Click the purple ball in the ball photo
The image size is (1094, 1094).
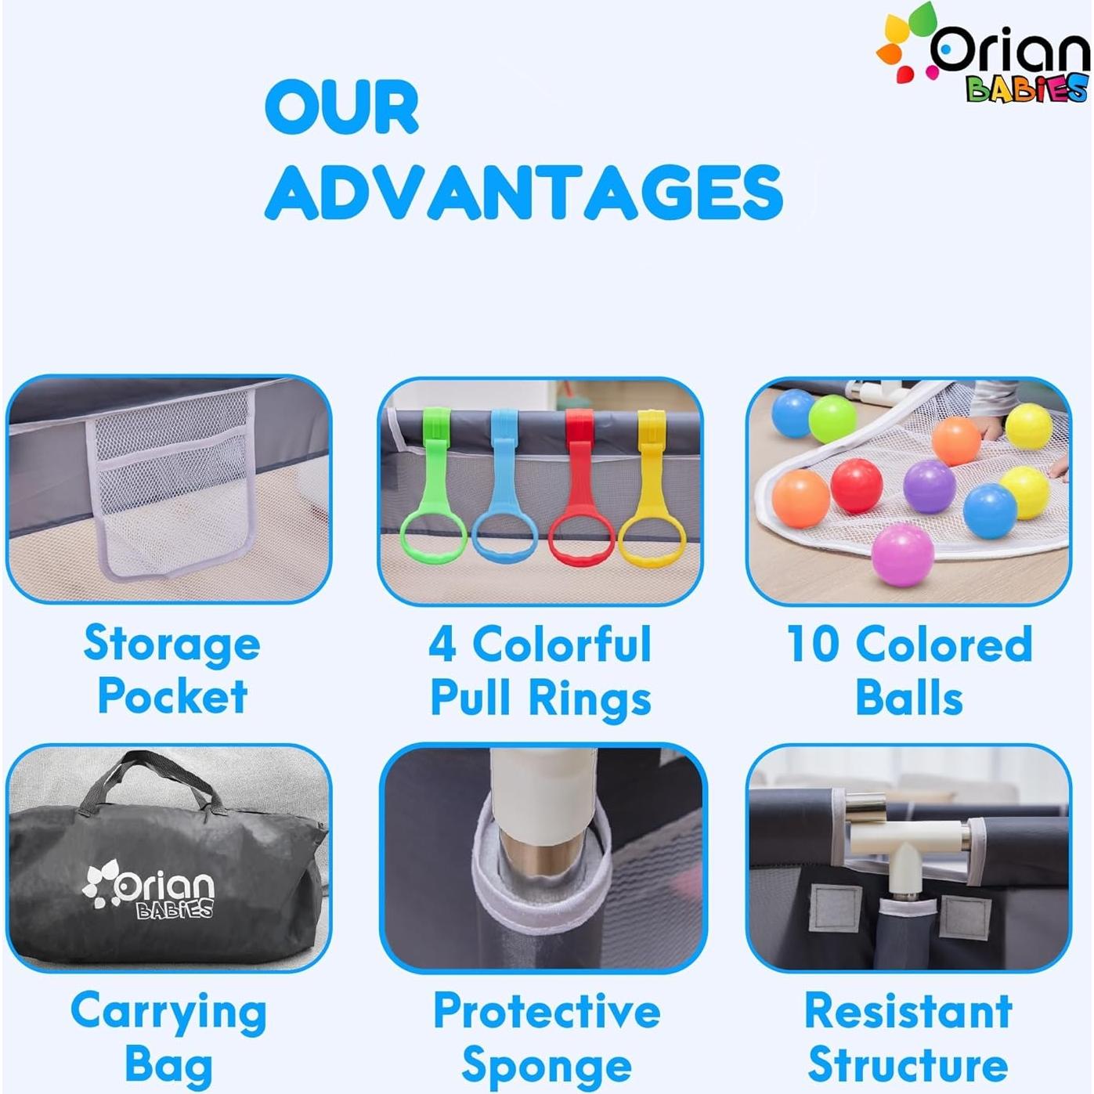[x=930, y=486]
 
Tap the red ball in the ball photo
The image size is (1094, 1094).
[x=857, y=486]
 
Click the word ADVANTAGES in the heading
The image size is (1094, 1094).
[x=523, y=192]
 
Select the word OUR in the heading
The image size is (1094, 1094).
[x=341, y=107]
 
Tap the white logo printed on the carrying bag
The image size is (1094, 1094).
[x=149, y=890]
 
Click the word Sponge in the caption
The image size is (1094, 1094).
[x=547, y=1067]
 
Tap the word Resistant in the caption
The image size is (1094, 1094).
[x=908, y=1011]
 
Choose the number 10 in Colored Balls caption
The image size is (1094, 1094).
[x=814, y=644]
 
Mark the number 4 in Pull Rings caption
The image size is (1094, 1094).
[x=442, y=644]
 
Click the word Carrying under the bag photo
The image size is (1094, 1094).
[x=169, y=1013]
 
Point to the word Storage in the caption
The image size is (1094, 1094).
[x=172, y=644]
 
